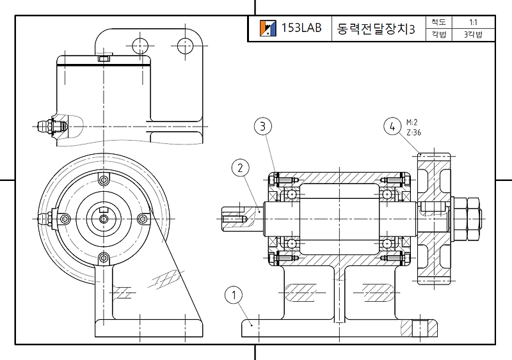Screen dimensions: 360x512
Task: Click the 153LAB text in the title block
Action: click(x=301, y=29)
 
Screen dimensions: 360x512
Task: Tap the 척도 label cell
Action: click(x=438, y=22)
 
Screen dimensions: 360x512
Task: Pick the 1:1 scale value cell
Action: click(x=473, y=22)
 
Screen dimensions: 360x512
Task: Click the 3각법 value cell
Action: click(x=473, y=35)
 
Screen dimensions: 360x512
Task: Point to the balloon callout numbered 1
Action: click(x=234, y=295)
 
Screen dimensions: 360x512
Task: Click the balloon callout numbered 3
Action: click(x=262, y=126)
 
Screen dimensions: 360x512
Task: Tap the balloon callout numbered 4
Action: click(x=392, y=127)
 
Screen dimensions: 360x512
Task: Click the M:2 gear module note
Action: click(x=412, y=122)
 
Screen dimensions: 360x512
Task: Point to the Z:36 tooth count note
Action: click(x=413, y=132)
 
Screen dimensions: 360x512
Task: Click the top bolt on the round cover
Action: click(x=103, y=179)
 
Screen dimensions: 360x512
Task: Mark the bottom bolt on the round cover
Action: click(x=103, y=258)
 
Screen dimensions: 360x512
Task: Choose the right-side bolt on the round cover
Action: click(x=142, y=219)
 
